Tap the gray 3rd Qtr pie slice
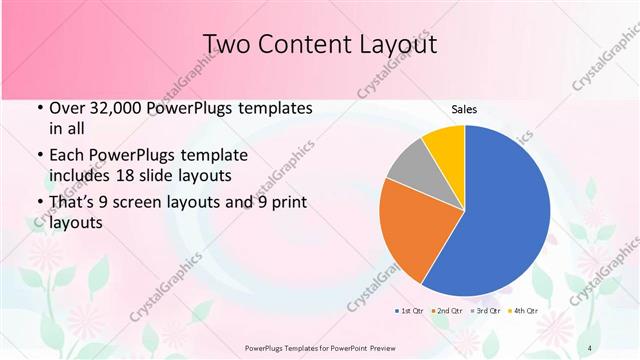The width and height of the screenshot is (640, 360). click(x=410, y=169)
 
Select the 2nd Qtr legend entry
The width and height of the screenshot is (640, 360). click(x=444, y=312)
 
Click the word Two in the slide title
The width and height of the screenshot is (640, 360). click(x=226, y=44)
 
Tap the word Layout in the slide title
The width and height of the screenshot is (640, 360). click(x=396, y=44)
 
